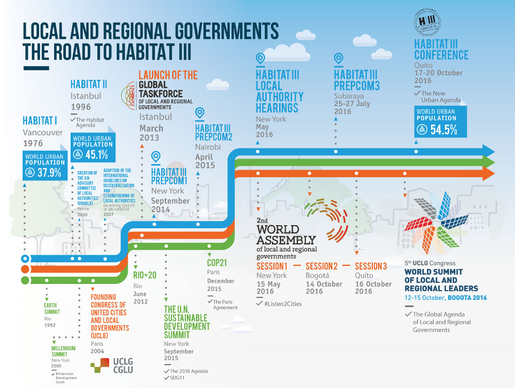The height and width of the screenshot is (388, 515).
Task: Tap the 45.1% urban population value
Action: click(x=97, y=155)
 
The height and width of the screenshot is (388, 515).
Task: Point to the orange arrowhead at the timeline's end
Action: click(x=488, y=174)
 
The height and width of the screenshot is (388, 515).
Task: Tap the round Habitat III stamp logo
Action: click(x=428, y=22)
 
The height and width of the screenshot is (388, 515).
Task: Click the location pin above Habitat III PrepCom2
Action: click(x=200, y=113)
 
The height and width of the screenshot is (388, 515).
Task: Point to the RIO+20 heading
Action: click(x=145, y=276)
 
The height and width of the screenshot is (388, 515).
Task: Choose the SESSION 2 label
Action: click(x=321, y=266)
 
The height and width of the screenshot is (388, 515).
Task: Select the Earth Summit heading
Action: click(x=51, y=309)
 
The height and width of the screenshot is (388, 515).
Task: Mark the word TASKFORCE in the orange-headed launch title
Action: click(x=161, y=94)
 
